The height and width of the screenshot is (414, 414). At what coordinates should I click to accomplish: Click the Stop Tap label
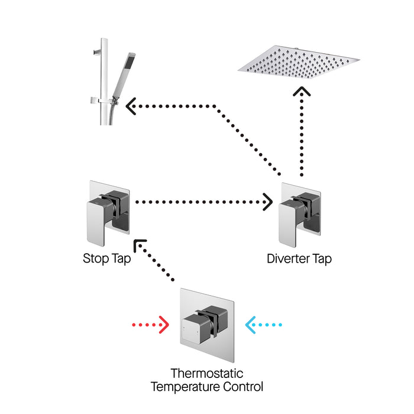point(106,258)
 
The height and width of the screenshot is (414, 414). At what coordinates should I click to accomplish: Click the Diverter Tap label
point(299,258)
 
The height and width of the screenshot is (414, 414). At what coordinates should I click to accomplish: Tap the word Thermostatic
point(206,374)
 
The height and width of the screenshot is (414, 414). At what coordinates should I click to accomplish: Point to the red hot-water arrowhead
point(165,325)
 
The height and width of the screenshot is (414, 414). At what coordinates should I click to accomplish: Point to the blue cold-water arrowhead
point(250,325)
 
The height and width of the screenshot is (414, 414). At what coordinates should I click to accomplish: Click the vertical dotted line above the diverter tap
point(302,136)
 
